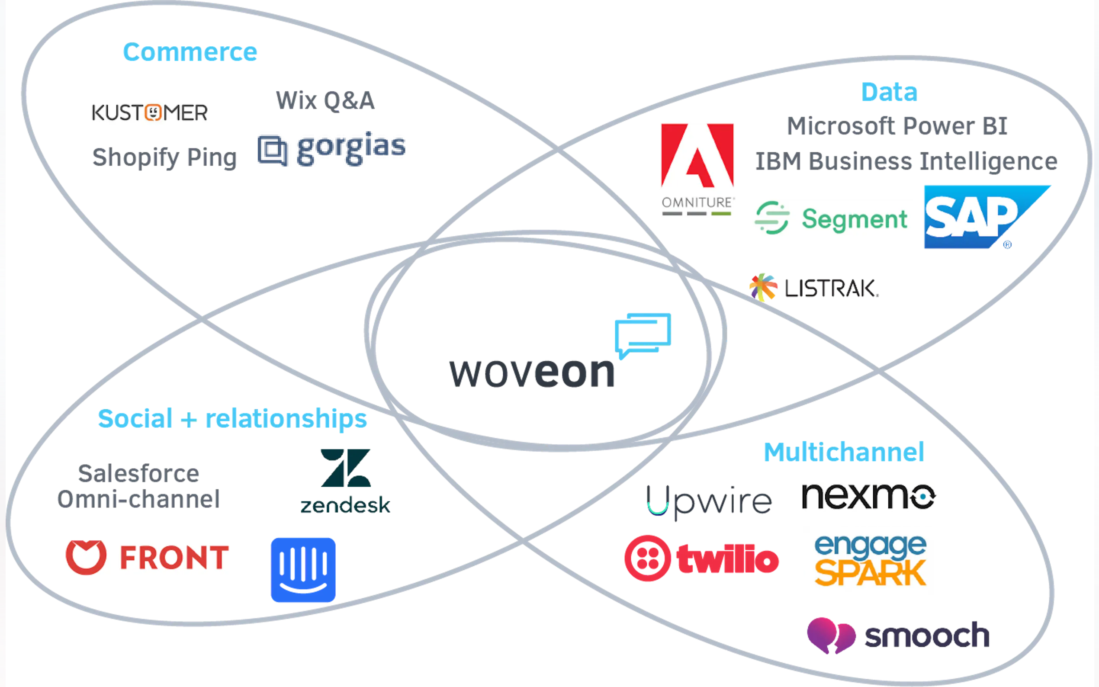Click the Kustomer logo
(x=151, y=112)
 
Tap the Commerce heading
(x=190, y=52)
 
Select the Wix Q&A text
(x=326, y=101)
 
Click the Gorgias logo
(x=332, y=148)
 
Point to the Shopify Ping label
(x=164, y=157)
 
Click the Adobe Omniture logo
(x=697, y=168)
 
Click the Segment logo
(x=830, y=218)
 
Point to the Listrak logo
(x=815, y=287)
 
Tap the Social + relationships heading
(x=233, y=418)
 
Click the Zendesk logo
(x=345, y=481)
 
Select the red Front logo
(x=147, y=559)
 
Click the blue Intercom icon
(x=302, y=570)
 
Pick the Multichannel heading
(x=843, y=452)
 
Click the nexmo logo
(x=868, y=498)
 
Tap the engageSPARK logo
(x=868, y=560)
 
